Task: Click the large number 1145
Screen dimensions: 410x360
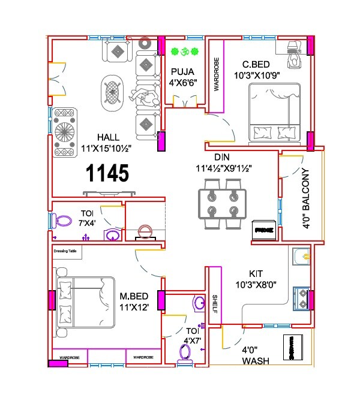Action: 107,173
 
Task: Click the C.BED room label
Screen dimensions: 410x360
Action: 259,64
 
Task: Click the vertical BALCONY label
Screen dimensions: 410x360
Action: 305,198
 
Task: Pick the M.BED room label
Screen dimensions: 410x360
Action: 134,296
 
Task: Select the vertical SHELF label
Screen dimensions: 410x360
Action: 214,307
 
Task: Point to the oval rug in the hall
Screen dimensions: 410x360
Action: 112,93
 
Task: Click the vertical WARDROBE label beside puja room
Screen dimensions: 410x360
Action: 217,76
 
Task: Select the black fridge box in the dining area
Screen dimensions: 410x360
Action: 264,230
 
